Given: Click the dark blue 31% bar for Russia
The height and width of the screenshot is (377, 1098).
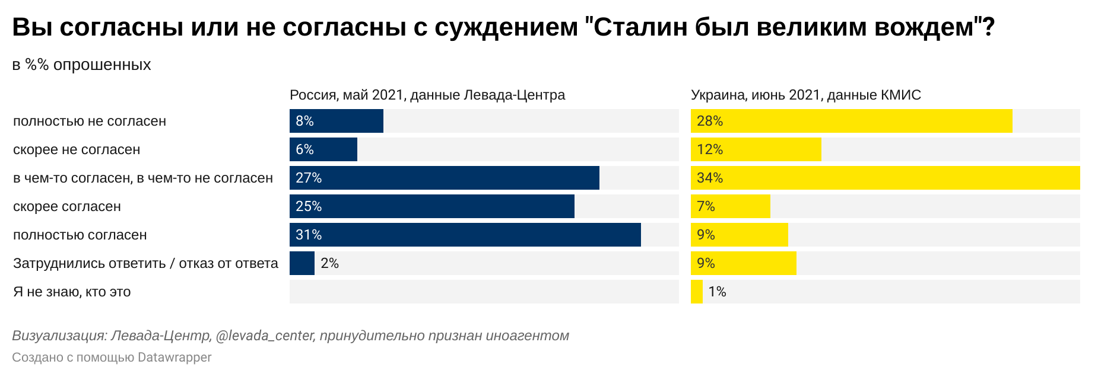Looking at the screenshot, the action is coord(465,235).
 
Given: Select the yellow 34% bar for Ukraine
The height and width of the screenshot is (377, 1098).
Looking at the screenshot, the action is coord(886,178).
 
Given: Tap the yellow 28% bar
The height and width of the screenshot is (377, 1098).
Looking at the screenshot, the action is coord(852,121).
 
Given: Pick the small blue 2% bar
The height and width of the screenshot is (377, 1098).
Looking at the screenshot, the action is coord(302,263).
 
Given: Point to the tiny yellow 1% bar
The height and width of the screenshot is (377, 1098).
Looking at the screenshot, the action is coord(697,292).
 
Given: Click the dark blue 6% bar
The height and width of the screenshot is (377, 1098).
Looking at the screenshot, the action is coord(323,149).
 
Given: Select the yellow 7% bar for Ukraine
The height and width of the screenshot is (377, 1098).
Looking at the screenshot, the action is coord(731,206).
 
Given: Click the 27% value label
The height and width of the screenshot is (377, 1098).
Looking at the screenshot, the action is coord(309,178).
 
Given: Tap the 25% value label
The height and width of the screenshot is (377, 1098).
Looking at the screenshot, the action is coord(309,206).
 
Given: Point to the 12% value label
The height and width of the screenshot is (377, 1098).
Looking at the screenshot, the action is coord(710,149).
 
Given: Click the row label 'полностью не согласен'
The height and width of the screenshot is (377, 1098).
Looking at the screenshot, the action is coord(90,121).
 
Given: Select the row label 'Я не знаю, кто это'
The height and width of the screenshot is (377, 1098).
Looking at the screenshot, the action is coord(72,292).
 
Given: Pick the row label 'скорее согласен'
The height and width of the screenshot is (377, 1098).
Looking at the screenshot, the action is coord(67,207).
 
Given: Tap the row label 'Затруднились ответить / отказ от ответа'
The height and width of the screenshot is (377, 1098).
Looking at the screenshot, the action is coord(145,263).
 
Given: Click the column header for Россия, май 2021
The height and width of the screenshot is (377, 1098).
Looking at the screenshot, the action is coord(427,95).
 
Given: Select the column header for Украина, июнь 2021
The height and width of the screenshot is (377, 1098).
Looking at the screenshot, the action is coord(806,95).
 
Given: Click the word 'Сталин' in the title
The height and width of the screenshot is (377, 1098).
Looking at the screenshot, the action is coord(639,27).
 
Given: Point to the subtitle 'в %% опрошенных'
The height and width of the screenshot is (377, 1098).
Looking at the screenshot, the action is coord(82,65).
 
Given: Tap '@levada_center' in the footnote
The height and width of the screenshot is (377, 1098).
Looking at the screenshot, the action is coord(265,336).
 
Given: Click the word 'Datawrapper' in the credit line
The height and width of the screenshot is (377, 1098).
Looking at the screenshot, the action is coord(174,357).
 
